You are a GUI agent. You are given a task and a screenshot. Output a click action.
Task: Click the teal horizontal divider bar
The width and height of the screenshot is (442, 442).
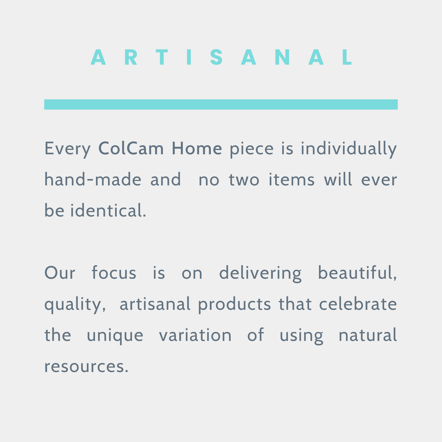(x=221, y=104)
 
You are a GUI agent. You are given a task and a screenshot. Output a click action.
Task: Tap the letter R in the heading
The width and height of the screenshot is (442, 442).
(x=131, y=57)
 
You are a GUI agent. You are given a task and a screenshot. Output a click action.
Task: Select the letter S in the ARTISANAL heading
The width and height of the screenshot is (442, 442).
(x=216, y=57)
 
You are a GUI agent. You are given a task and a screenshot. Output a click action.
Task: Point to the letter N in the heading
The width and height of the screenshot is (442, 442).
(x=282, y=57)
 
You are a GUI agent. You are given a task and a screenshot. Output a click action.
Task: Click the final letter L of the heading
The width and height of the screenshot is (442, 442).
(x=347, y=57)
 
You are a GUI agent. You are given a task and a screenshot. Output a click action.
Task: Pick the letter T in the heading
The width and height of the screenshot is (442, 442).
(x=162, y=57)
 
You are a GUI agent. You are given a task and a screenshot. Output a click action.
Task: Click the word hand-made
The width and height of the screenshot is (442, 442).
(x=93, y=179)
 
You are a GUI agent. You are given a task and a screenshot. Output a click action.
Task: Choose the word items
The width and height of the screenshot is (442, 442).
(x=292, y=180)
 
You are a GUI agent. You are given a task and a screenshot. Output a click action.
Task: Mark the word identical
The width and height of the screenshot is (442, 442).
(x=108, y=210)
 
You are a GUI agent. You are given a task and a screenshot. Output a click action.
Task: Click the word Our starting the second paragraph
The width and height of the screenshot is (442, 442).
(x=60, y=273)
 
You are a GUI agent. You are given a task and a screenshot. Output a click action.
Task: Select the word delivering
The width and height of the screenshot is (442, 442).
(x=260, y=274)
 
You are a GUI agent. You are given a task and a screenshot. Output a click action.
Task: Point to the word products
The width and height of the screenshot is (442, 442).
(x=234, y=305)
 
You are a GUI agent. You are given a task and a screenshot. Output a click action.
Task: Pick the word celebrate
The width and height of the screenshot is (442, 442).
(x=358, y=304)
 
